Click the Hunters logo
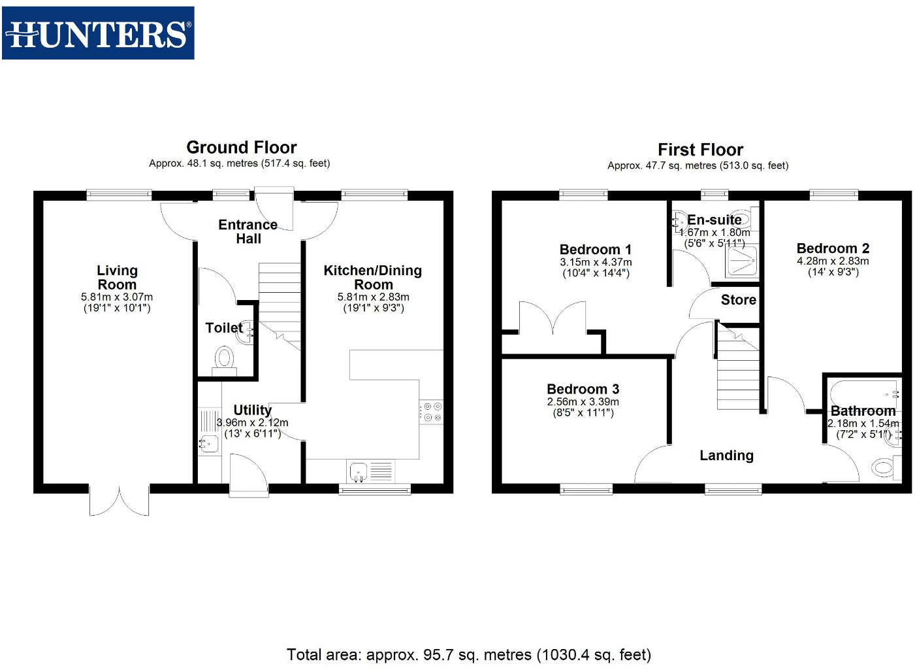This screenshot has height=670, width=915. (98, 33)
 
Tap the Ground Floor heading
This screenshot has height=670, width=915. (241, 147)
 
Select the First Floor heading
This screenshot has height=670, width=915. (700, 150)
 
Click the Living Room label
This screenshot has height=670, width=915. (117, 277)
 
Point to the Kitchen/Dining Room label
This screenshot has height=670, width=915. (373, 277)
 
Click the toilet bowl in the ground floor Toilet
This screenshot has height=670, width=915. (224, 358)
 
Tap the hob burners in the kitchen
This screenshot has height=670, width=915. (432, 412)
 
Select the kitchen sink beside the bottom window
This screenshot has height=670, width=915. (359, 470)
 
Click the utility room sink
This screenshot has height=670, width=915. (209, 444)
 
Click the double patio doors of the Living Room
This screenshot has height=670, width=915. (120, 500)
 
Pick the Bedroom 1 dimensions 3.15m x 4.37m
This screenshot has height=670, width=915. (596, 262)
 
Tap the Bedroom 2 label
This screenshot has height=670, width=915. (833, 248)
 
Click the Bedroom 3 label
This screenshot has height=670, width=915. (583, 389)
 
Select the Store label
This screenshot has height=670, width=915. (738, 300)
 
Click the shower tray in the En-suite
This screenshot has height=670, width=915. (743, 263)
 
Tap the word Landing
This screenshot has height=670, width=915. (726, 456)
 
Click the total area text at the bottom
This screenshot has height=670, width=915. (468, 654)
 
